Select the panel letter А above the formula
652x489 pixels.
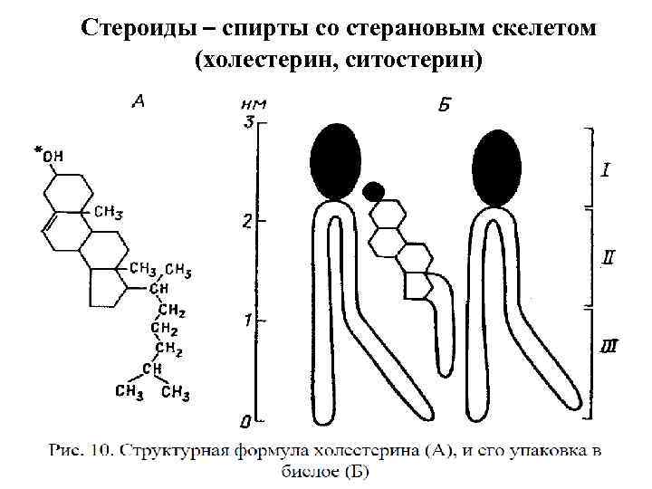point(139,101)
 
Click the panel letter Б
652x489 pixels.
point(445,106)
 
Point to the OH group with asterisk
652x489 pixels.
point(49,156)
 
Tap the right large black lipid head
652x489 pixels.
point(497,167)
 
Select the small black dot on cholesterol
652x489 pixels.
point(371,191)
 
